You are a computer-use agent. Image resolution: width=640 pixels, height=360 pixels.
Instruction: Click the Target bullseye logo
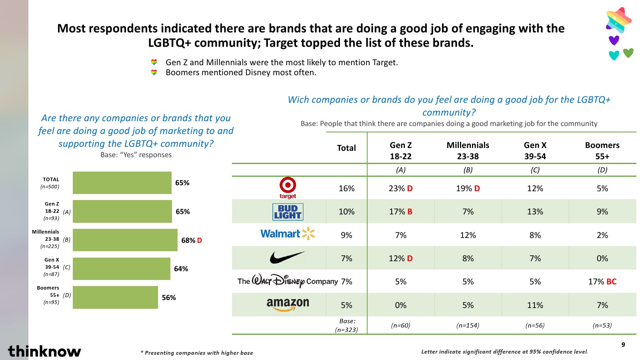pyautogui.click(x=288, y=187)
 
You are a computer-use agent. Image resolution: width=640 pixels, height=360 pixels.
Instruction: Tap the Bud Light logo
pyautogui.click(x=288, y=212)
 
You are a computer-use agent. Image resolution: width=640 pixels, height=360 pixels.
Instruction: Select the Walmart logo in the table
pyautogui.click(x=288, y=234)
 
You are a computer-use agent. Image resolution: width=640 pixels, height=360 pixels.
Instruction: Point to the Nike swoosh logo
pyautogui.click(x=287, y=258)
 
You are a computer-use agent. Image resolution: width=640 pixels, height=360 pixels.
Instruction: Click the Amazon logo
pyautogui.click(x=288, y=304)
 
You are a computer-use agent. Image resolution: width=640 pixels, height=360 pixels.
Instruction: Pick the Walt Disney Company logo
pyautogui.click(x=287, y=281)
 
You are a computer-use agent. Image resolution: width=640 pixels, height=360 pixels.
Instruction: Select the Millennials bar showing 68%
pyautogui.click(x=125, y=240)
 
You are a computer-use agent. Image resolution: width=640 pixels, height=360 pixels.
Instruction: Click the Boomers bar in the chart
pyautogui.click(x=115, y=297)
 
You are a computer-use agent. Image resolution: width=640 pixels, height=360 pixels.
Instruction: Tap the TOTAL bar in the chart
pyautogui.click(x=122, y=183)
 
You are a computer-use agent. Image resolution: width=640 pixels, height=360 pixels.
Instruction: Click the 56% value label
pyautogui.click(x=169, y=298)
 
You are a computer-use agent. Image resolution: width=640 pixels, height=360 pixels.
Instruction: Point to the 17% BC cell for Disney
pyautogui.click(x=602, y=282)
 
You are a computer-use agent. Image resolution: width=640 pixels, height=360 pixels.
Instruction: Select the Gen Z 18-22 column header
pyautogui.click(x=400, y=151)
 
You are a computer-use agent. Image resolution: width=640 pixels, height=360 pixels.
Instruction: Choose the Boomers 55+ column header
pyautogui.click(x=602, y=151)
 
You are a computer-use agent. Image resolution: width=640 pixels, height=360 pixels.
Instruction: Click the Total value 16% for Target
pyautogui.click(x=346, y=188)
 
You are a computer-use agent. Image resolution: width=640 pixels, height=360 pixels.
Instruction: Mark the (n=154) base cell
pyautogui.click(x=468, y=326)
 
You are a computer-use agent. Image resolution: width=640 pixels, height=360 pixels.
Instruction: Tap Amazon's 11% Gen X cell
pyautogui.click(x=535, y=305)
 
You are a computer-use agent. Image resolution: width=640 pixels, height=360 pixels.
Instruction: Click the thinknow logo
pyautogui.click(x=44, y=351)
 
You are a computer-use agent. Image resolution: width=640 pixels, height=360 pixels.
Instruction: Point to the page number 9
pyautogui.click(x=623, y=345)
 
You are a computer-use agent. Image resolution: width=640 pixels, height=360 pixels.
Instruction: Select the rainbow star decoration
pyautogui.click(x=618, y=20)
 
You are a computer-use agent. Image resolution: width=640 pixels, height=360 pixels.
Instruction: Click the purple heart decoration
pyautogui.click(x=614, y=40)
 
